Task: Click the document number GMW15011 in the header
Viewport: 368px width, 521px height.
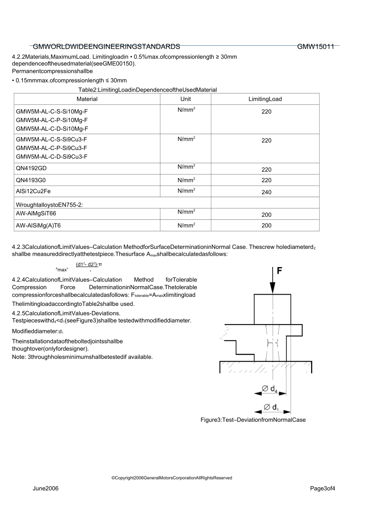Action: (315, 47)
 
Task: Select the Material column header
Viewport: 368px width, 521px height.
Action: (87, 99)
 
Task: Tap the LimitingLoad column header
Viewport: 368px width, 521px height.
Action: (265, 99)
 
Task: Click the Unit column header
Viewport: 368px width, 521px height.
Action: (186, 99)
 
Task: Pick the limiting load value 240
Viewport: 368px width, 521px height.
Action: (267, 192)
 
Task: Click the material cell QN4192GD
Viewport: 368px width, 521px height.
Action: (31, 169)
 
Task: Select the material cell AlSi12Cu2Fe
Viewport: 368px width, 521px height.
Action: (33, 191)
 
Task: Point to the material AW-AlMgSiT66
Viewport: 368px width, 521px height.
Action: (36, 214)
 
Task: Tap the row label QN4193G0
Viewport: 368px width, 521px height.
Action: (31, 180)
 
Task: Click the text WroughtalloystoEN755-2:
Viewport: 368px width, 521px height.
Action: (49, 205)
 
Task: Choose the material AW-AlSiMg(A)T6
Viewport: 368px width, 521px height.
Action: (38, 225)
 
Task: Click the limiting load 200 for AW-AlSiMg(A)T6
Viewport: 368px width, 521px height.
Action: (267, 225)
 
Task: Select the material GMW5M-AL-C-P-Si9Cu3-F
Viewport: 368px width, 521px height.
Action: (52, 148)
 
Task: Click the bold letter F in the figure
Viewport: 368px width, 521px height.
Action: (280, 271)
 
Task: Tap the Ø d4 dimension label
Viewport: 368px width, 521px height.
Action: (270, 388)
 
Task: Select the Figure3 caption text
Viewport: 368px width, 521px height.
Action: (253, 420)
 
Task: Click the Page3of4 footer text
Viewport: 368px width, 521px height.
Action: (322, 488)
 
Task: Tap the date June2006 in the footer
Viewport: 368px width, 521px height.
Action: (46, 488)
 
